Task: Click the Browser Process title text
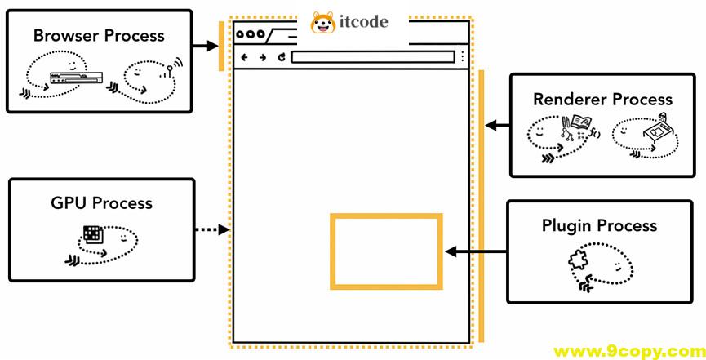click(99, 36)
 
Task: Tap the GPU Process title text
click(101, 203)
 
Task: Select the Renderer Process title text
click(602, 100)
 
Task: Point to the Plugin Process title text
click(599, 225)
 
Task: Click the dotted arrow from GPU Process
click(213, 230)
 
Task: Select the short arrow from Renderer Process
click(497, 126)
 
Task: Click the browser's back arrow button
click(244, 57)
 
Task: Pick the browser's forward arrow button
click(262, 57)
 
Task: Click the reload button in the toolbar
click(281, 57)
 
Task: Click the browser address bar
click(371, 57)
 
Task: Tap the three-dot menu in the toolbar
click(462, 57)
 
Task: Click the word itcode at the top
click(365, 22)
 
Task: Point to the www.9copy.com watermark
click(628, 352)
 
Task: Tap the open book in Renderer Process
click(580, 123)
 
